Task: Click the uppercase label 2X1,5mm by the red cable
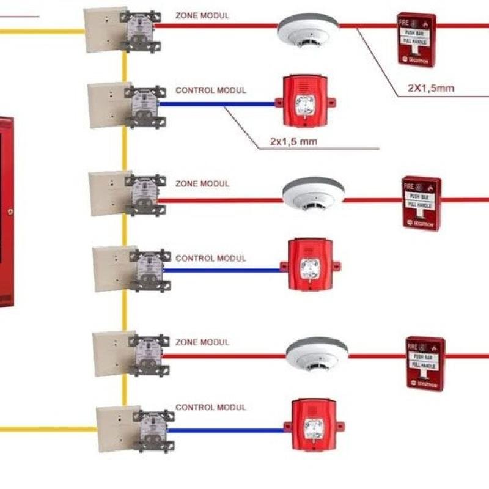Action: point(431,88)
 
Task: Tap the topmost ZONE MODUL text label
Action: point(202,15)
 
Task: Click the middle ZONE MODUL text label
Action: point(202,183)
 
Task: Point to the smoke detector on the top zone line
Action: point(308,30)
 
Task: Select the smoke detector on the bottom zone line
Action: point(317,355)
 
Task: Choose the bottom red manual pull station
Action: point(425,362)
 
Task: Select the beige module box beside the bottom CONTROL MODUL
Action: point(113,429)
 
